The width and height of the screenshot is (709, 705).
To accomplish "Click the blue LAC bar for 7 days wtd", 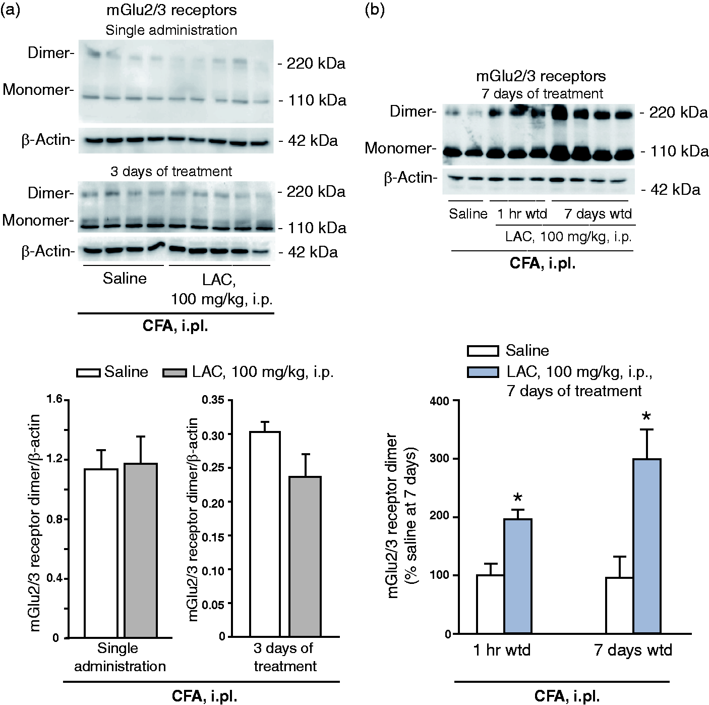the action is tap(647, 546).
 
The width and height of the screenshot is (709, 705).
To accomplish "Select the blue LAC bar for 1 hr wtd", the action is tap(518, 576).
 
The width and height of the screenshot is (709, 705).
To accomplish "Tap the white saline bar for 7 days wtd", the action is tap(620, 606).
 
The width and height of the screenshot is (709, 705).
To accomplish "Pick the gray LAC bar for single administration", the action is tap(141, 550).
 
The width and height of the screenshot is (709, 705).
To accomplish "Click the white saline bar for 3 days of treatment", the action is tap(265, 534).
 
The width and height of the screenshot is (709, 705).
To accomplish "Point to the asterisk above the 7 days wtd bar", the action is tap(646, 417).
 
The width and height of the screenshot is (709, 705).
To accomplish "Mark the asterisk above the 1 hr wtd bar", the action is tap(518, 499).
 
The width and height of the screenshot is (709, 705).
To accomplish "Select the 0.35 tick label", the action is tap(213, 400).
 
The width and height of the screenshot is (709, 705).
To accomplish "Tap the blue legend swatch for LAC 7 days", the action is tap(483, 372).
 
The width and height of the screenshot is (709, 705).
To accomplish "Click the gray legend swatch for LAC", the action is tap(174, 373).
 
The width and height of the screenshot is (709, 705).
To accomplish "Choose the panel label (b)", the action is tap(375, 10).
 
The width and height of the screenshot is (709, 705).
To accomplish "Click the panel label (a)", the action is tap(10, 10).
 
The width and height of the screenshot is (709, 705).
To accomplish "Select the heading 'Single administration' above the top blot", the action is tap(171, 30).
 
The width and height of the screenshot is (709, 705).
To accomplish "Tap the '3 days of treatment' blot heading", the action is tap(171, 172).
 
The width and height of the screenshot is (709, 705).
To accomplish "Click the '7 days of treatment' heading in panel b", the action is tap(542, 94).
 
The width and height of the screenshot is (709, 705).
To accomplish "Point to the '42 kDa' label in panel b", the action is tap(676, 190).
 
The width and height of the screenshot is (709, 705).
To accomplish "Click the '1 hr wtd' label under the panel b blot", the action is tap(522, 214).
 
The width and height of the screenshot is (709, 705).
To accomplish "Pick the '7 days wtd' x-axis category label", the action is tap(633, 661).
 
